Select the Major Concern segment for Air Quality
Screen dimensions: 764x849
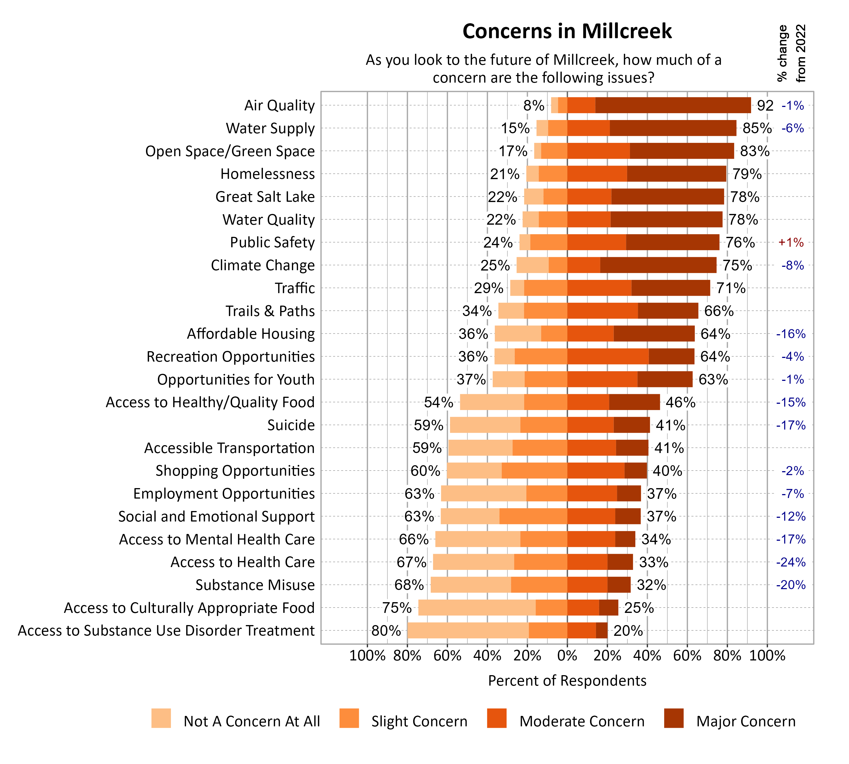pos(673,105)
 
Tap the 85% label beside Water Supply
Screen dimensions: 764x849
pos(757,128)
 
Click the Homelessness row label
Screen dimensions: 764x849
pos(267,174)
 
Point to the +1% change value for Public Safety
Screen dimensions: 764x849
pos(791,242)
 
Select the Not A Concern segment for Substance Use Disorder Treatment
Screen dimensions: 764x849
pos(468,630)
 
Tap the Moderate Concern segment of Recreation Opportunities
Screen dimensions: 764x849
pos(608,357)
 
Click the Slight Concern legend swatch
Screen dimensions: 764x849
pos(349,718)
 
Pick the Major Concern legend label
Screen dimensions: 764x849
pos(746,721)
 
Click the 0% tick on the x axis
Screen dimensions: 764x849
pos(567,656)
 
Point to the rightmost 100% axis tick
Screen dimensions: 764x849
pos(767,656)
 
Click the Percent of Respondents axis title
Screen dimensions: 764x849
pos(567,681)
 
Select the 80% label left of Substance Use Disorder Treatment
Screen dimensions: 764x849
pos(386,630)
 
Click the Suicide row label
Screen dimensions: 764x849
pos(291,425)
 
